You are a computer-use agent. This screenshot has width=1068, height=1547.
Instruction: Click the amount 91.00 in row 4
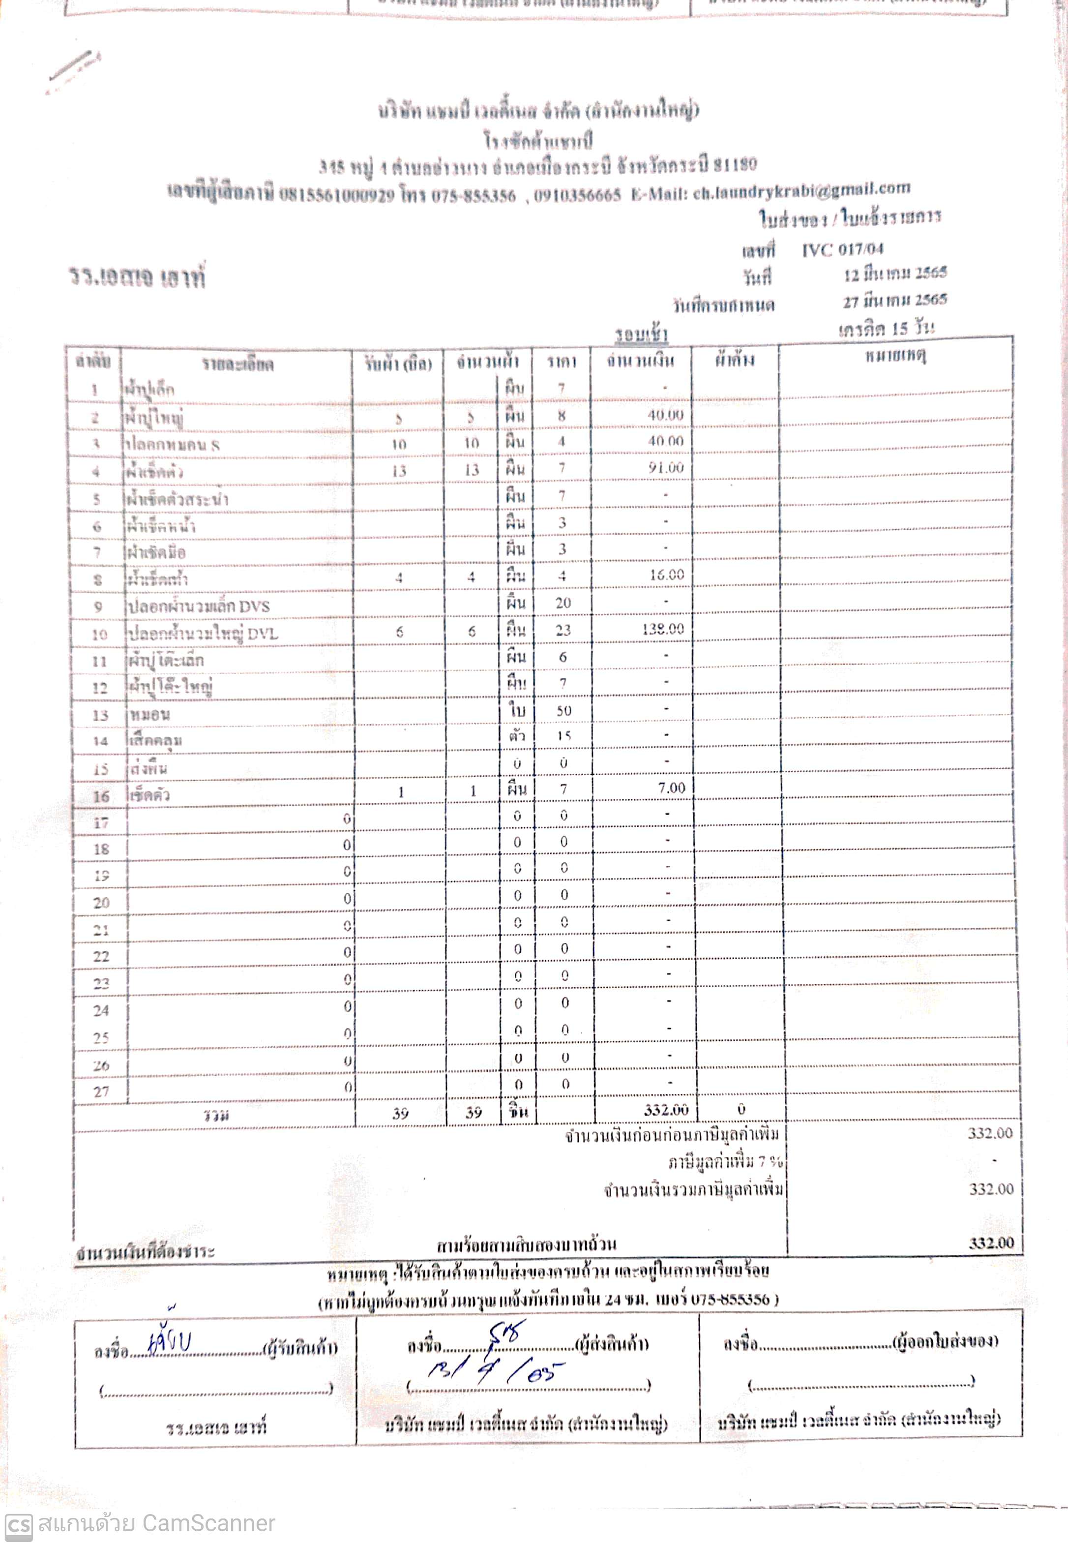665,467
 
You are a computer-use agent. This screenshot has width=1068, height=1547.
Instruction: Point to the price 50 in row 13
564,710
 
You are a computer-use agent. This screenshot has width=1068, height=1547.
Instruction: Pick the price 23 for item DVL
563,630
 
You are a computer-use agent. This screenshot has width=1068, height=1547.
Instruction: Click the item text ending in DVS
199,607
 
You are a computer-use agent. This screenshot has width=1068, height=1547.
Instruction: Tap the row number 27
101,1091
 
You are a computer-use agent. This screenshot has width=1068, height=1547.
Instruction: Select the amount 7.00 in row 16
671,789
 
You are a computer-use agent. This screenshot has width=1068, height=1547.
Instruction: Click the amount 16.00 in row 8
666,575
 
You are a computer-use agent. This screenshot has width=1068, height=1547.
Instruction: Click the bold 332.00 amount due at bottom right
991,1243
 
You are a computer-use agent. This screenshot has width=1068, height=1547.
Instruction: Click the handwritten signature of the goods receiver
170,1341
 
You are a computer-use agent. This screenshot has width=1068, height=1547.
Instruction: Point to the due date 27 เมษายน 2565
895,301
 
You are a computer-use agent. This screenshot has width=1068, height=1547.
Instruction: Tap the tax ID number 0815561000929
337,195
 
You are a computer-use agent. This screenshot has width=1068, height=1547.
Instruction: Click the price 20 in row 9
563,603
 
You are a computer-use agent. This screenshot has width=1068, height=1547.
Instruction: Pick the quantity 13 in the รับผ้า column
399,471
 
